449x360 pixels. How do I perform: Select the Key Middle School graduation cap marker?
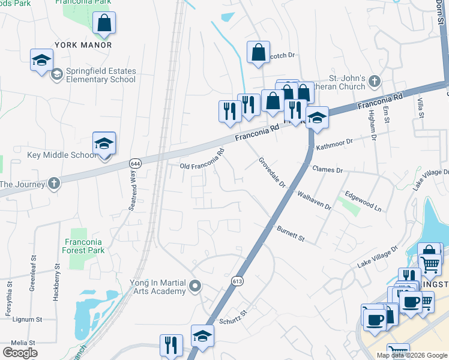(x=104, y=144)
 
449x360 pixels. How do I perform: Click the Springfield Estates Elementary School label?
(x=101, y=75)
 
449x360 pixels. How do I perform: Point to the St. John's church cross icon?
(x=375, y=81)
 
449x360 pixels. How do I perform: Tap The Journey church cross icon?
(x=54, y=183)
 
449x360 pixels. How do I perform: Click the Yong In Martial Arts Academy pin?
(x=194, y=287)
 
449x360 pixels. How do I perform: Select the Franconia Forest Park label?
(x=84, y=246)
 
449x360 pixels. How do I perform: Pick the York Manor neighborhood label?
(x=83, y=45)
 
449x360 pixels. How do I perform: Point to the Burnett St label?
(x=291, y=233)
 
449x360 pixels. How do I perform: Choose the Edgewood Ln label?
(x=363, y=202)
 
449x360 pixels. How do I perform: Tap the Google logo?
(x=20, y=352)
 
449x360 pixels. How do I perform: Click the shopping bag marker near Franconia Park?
(x=104, y=23)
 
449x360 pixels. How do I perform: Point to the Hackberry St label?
(x=58, y=277)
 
